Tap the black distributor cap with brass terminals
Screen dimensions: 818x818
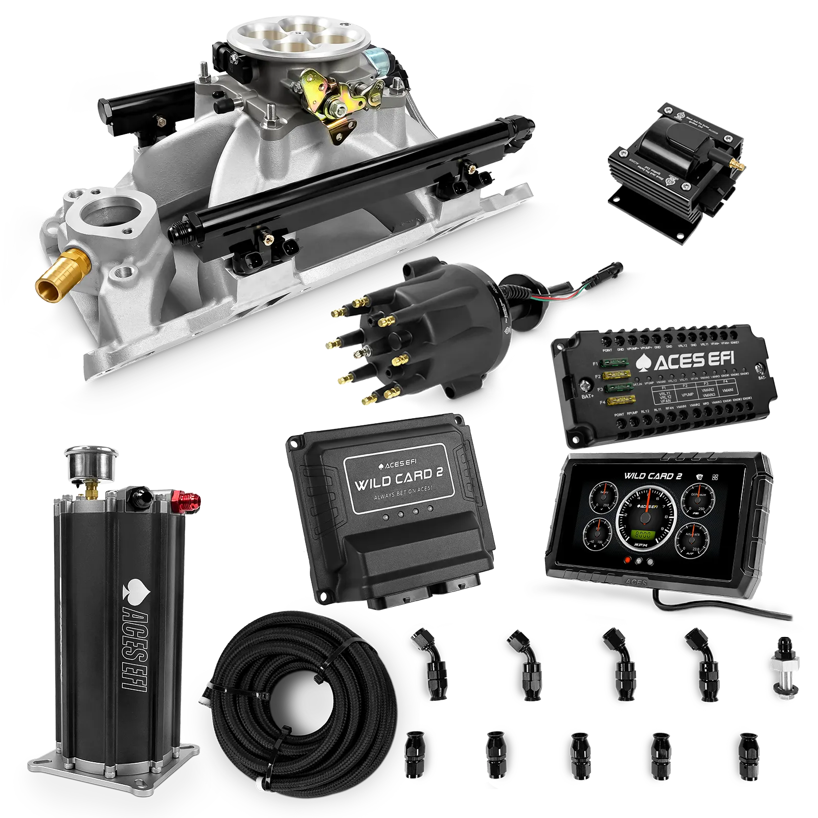point(409,327)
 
